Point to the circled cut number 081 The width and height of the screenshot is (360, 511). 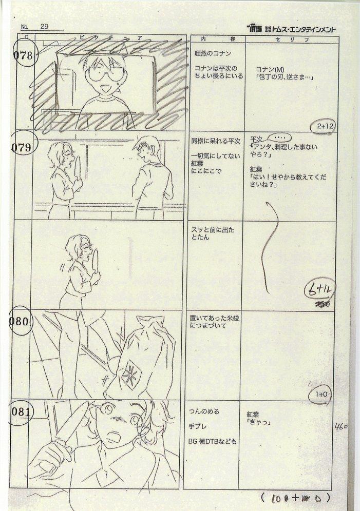click(22, 411)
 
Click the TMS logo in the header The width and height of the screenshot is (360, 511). click(255, 28)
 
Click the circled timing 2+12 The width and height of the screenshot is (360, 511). click(322, 126)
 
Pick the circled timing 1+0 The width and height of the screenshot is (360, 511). click(321, 395)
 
